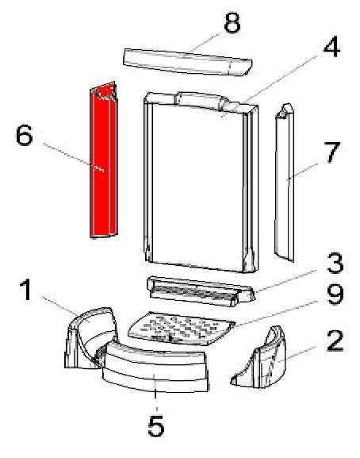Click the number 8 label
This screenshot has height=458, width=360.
[x=232, y=22]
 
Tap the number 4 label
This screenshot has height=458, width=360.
[x=331, y=47]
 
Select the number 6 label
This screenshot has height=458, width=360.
[x=24, y=135]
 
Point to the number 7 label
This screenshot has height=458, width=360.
[x=331, y=152]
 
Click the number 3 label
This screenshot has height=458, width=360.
[x=335, y=263]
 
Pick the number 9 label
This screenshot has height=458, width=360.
[x=335, y=294]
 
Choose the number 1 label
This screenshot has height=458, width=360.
[x=26, y=289]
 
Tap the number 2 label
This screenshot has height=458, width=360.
[x=335, y=341]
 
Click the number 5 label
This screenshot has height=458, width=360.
[x=156, y=426]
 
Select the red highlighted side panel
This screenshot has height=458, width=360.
[x=103, y=160]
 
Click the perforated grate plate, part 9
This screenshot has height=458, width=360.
[x=182, y=329]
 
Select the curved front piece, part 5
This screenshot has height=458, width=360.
[x=155, y=368]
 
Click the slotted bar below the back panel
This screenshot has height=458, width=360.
[x=201, y=291]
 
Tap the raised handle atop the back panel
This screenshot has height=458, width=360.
[x=201, y=101]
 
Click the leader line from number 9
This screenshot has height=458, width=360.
[x=276, y=313]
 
